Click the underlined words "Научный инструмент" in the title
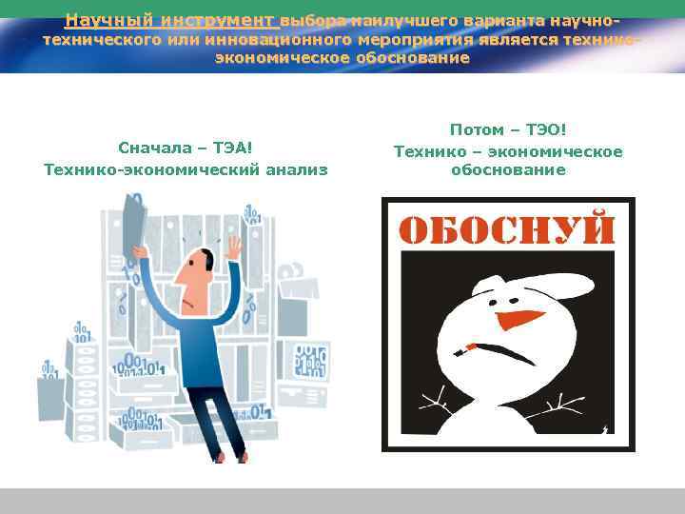[171, 20]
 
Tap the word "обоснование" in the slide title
[410, 58]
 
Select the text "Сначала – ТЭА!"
[186, 148]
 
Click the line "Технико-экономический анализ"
[186, 169]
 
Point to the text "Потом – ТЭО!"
[508, 130]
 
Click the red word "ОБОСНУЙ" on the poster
[507, 229]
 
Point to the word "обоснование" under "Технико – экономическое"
[508, 170]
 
